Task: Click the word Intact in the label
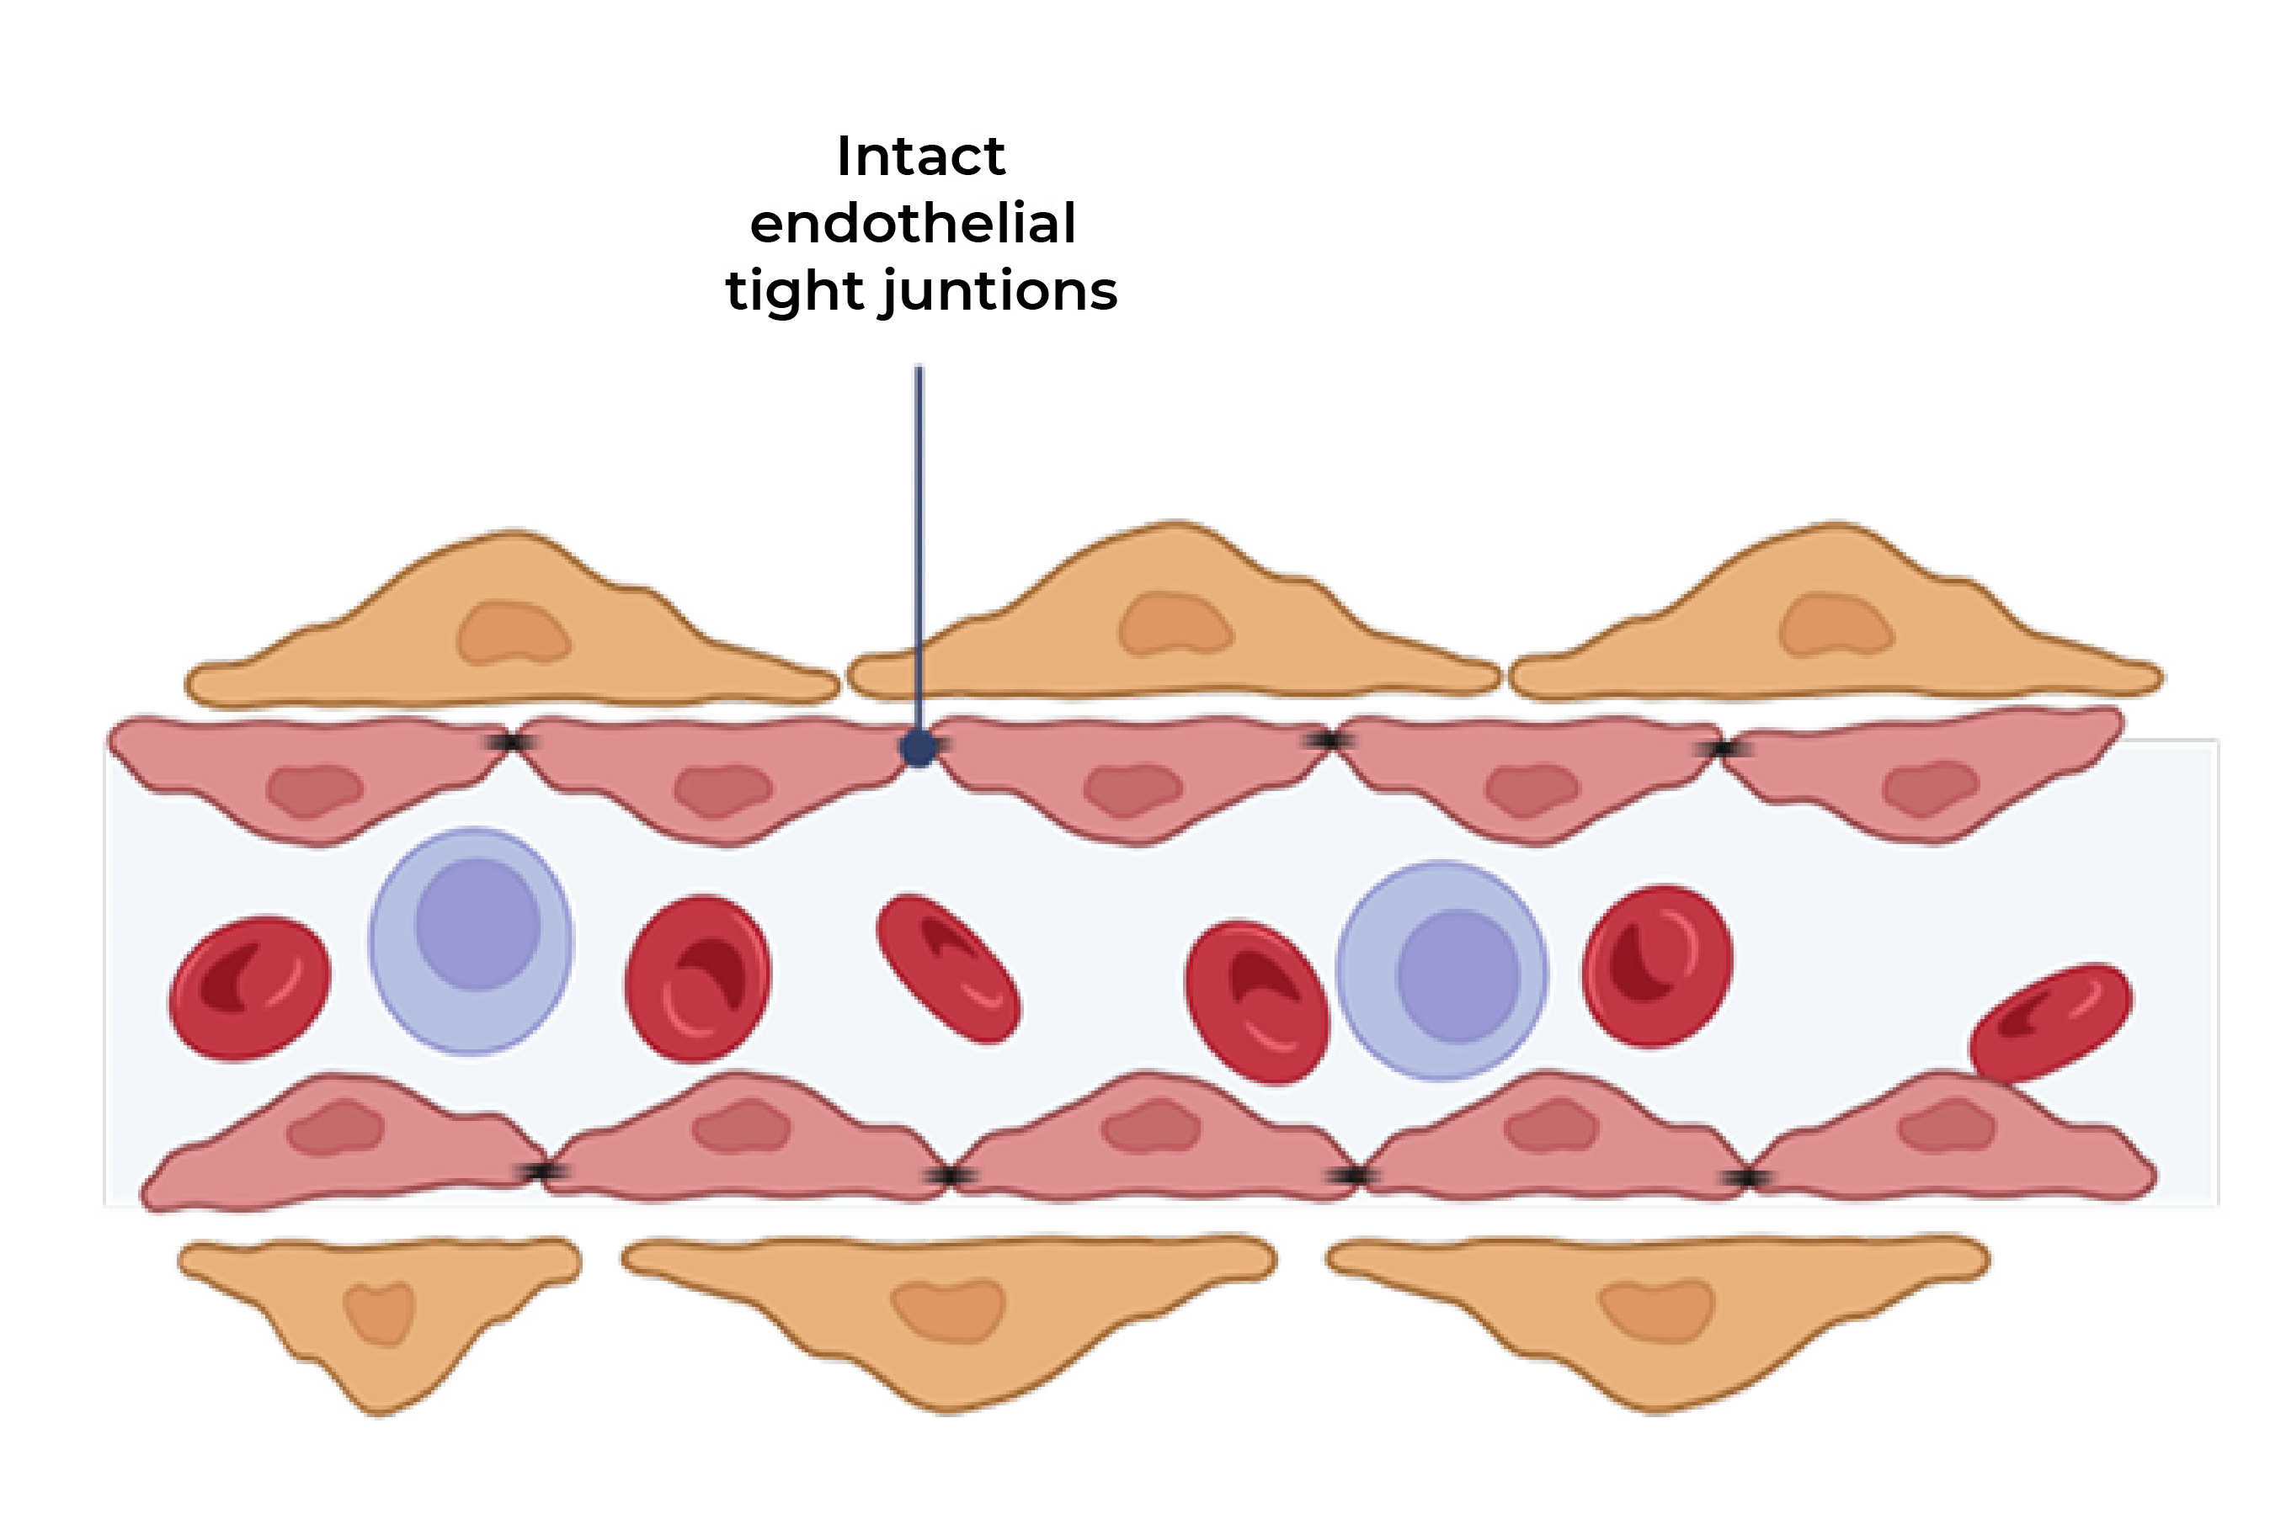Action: coord(920,157)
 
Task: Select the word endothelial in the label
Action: coord(913,224)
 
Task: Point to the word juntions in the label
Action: coord(999,291)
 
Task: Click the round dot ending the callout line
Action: coord(918,749)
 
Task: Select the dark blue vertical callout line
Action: coord(918,537)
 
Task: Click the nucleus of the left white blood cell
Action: coord(477,924)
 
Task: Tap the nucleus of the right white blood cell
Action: coord(1457,975)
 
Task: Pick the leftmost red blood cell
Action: coord(249,987)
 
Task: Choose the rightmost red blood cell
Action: coord(2052,1022)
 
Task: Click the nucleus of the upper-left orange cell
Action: coord(513,633)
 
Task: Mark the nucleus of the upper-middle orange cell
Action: coord(1175,623)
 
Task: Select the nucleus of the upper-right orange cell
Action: coord(1836,624)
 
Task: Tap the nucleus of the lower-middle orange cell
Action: coord(948,1309)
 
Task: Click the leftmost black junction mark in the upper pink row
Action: coord(509,743)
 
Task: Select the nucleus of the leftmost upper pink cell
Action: coord(315,789)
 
